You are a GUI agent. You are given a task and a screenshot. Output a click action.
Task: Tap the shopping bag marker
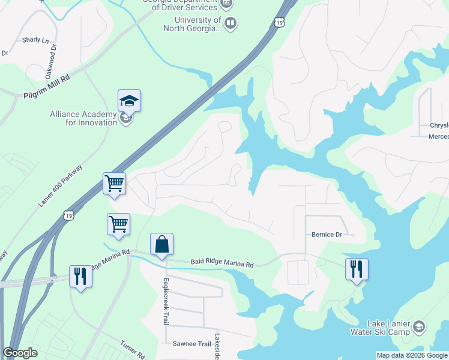161,244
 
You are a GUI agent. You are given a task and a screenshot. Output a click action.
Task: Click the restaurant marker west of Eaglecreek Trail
80,275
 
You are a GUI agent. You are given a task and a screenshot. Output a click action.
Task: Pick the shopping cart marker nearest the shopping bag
118,224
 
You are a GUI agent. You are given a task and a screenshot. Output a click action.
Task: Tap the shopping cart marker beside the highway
114,183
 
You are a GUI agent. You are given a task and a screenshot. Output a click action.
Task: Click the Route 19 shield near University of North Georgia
279,23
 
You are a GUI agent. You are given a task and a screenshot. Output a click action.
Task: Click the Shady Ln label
35,40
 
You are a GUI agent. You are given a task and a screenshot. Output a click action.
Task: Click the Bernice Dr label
326,235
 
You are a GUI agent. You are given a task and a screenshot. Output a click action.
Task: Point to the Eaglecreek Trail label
165,302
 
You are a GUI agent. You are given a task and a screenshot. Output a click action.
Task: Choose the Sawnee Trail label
192,344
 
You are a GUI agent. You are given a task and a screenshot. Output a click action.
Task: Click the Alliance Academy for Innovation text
83,118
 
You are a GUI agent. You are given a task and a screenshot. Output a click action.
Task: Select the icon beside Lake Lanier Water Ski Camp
419,327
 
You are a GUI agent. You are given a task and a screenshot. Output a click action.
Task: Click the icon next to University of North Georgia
231,23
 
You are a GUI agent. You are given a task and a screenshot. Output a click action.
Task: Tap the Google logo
20,353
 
